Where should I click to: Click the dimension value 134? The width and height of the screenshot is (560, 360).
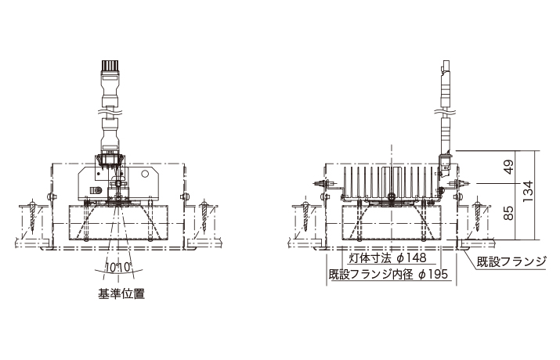click(528, 192)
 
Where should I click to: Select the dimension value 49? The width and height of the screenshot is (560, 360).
click(510, 166)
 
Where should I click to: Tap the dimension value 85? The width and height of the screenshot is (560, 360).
click(510, 213)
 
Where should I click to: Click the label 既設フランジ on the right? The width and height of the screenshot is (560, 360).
click(511, 261)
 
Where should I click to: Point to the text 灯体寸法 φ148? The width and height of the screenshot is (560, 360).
click(388, 258)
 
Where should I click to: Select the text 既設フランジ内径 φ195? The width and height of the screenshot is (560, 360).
click(388, 275)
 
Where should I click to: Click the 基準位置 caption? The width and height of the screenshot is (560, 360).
click(121, 293)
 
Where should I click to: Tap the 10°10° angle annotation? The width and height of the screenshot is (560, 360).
click(119, 267)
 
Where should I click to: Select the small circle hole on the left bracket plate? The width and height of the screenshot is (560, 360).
click(145, 174)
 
